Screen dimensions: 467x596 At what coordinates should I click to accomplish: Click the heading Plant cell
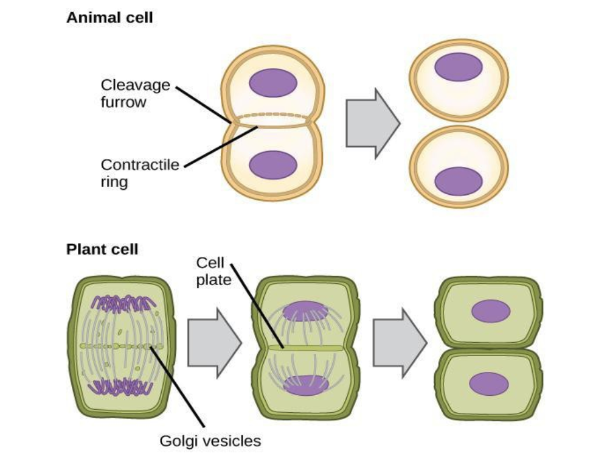click(x=102, y=249)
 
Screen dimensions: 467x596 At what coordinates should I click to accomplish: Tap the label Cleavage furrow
click(x=135, y=93)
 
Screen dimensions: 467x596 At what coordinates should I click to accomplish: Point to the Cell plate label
click(x=209, y=271)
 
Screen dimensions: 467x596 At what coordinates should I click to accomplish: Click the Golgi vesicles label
click(x=210, y=440)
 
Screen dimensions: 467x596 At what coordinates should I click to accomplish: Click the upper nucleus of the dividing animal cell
click(x=273, y=82)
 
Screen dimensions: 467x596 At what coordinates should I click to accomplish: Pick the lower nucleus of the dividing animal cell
click(x=273, y=165)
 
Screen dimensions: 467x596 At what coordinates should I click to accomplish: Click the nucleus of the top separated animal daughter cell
click(x=459, y=66)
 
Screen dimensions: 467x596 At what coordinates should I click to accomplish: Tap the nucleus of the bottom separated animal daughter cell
click(x=459, y=181)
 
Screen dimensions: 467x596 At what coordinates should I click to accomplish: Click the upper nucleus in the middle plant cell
click(x=306, y=310)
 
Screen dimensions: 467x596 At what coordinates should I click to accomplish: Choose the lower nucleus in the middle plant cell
click(x=306, y=385)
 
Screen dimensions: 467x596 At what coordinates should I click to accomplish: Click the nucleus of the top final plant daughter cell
click(x=491, y=311)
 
